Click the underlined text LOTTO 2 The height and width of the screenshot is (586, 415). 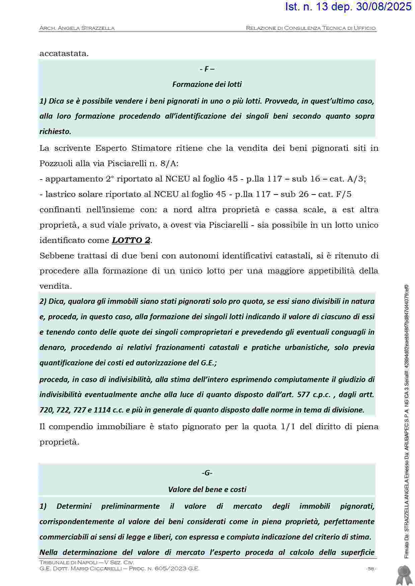click(x=131, y=240)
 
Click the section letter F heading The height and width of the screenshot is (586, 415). click(x=207, y=69)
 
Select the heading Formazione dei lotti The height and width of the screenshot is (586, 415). click(x=207, y=84)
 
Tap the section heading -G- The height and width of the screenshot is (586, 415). click(x=207, y=473)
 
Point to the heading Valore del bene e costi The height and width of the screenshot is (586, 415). click(x=207, y=489)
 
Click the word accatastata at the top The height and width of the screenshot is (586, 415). click(x=64, y=53)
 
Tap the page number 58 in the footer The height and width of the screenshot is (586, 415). click(x=370, y=569)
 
